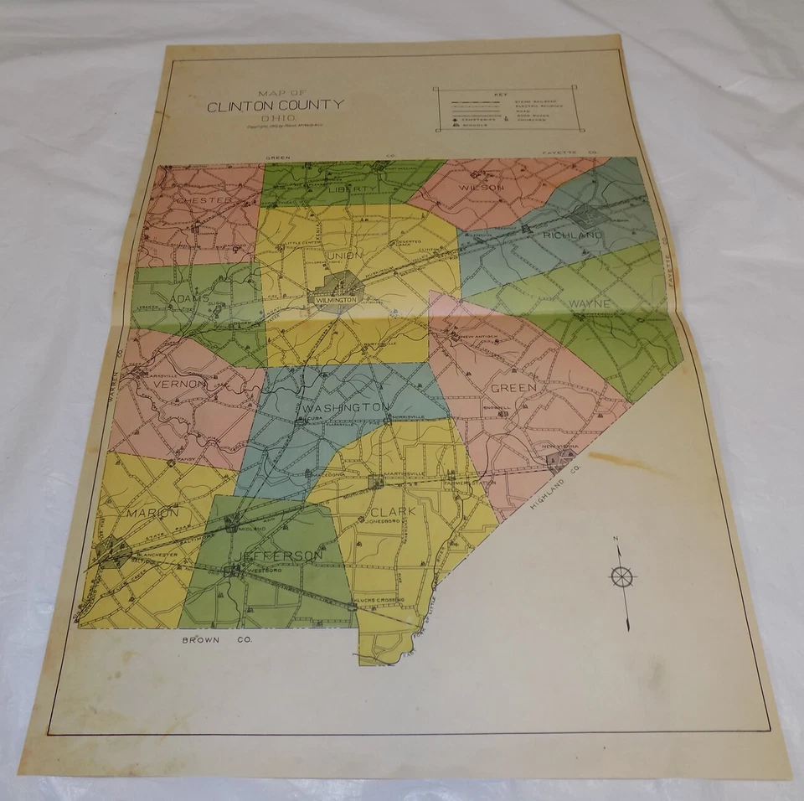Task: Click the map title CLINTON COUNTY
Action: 275,105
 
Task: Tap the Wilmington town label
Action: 338,298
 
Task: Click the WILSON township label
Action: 482,188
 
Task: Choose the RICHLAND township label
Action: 573,235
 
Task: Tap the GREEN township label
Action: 513,388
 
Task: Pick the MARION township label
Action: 153,512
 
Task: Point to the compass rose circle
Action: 622,576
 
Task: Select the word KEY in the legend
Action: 502,94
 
